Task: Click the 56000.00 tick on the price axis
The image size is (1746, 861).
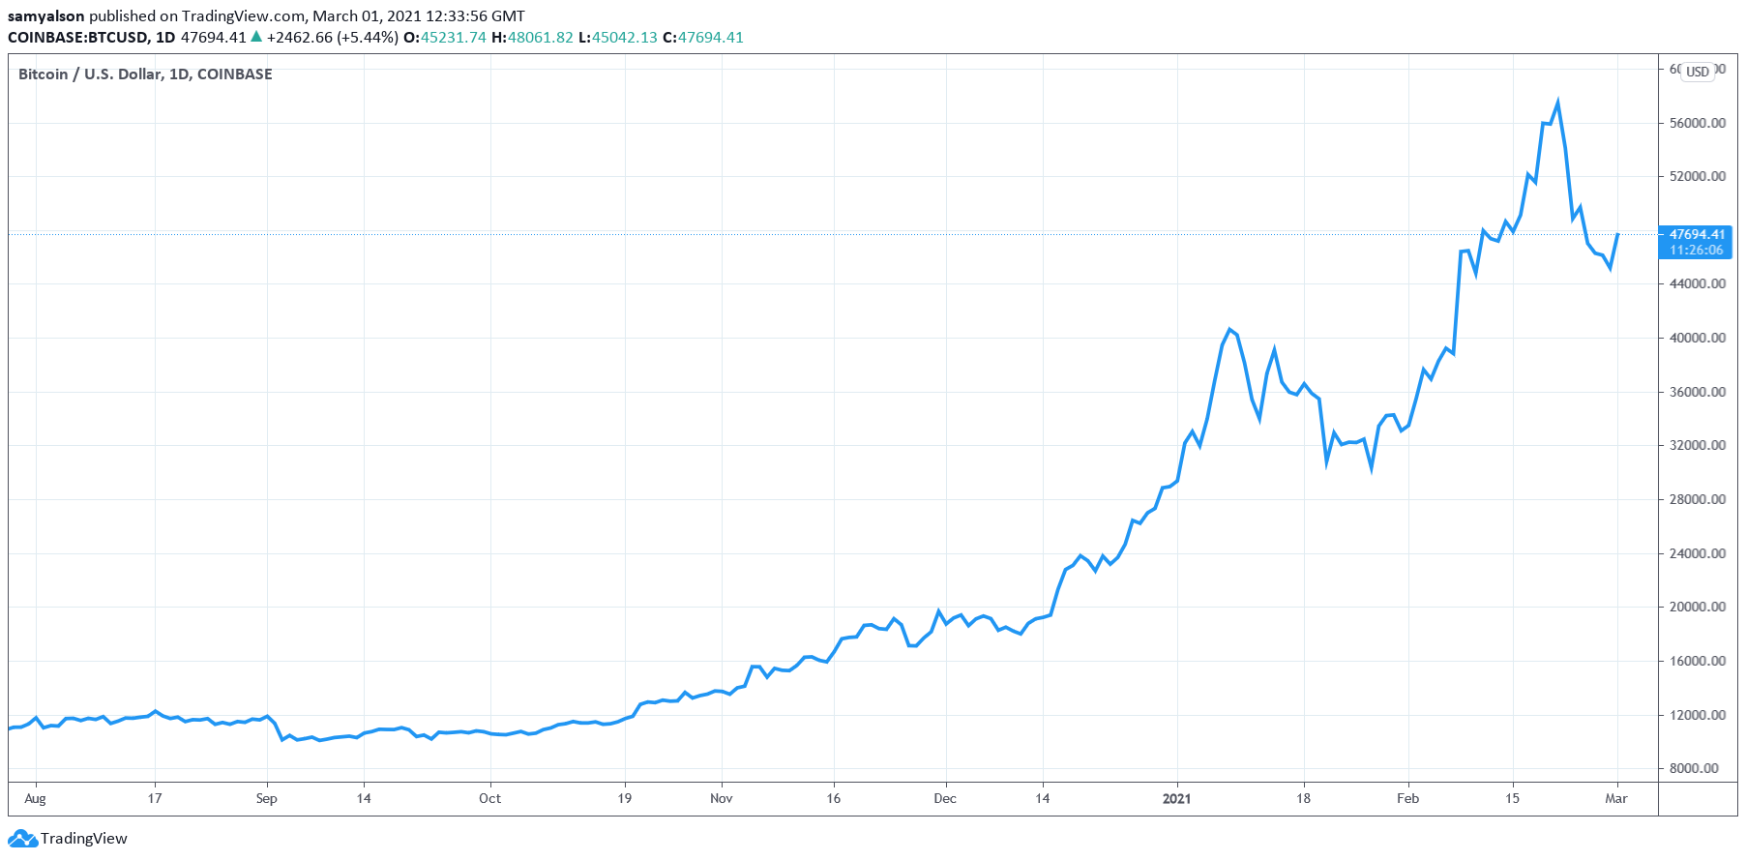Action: click(x=1697, y=123)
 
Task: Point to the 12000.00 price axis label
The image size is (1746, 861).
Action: click(x=1697, y=715)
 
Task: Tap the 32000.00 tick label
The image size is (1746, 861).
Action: click(x=1697, y=446)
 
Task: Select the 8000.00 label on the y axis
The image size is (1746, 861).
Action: click(x=1700, y=768)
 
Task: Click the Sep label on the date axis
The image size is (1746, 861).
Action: click(x=266, y=798)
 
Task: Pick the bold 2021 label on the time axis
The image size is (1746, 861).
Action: click(x=1176, y=798)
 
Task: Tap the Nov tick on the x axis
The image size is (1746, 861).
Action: click(x=721, y=798)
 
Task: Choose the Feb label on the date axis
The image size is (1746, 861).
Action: click(x=1407, y=798)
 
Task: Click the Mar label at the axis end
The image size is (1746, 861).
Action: click(x=1615, y=798)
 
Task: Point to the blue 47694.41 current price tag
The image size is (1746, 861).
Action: click(x=1697, y=235)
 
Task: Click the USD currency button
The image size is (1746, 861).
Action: click(x=1698, y=72)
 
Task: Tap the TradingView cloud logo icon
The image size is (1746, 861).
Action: click(x=22, y=839)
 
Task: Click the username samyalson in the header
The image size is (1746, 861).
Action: click(x=46, y=16)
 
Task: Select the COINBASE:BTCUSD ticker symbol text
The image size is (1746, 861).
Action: click(x=77, y=38)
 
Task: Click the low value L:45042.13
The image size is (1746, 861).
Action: click(x=617, y=38)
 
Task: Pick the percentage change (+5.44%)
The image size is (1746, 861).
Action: click(x=368, y=38)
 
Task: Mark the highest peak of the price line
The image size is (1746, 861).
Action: click(x=1557, y=102)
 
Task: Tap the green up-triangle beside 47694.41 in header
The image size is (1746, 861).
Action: click(x=256, y=37)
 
